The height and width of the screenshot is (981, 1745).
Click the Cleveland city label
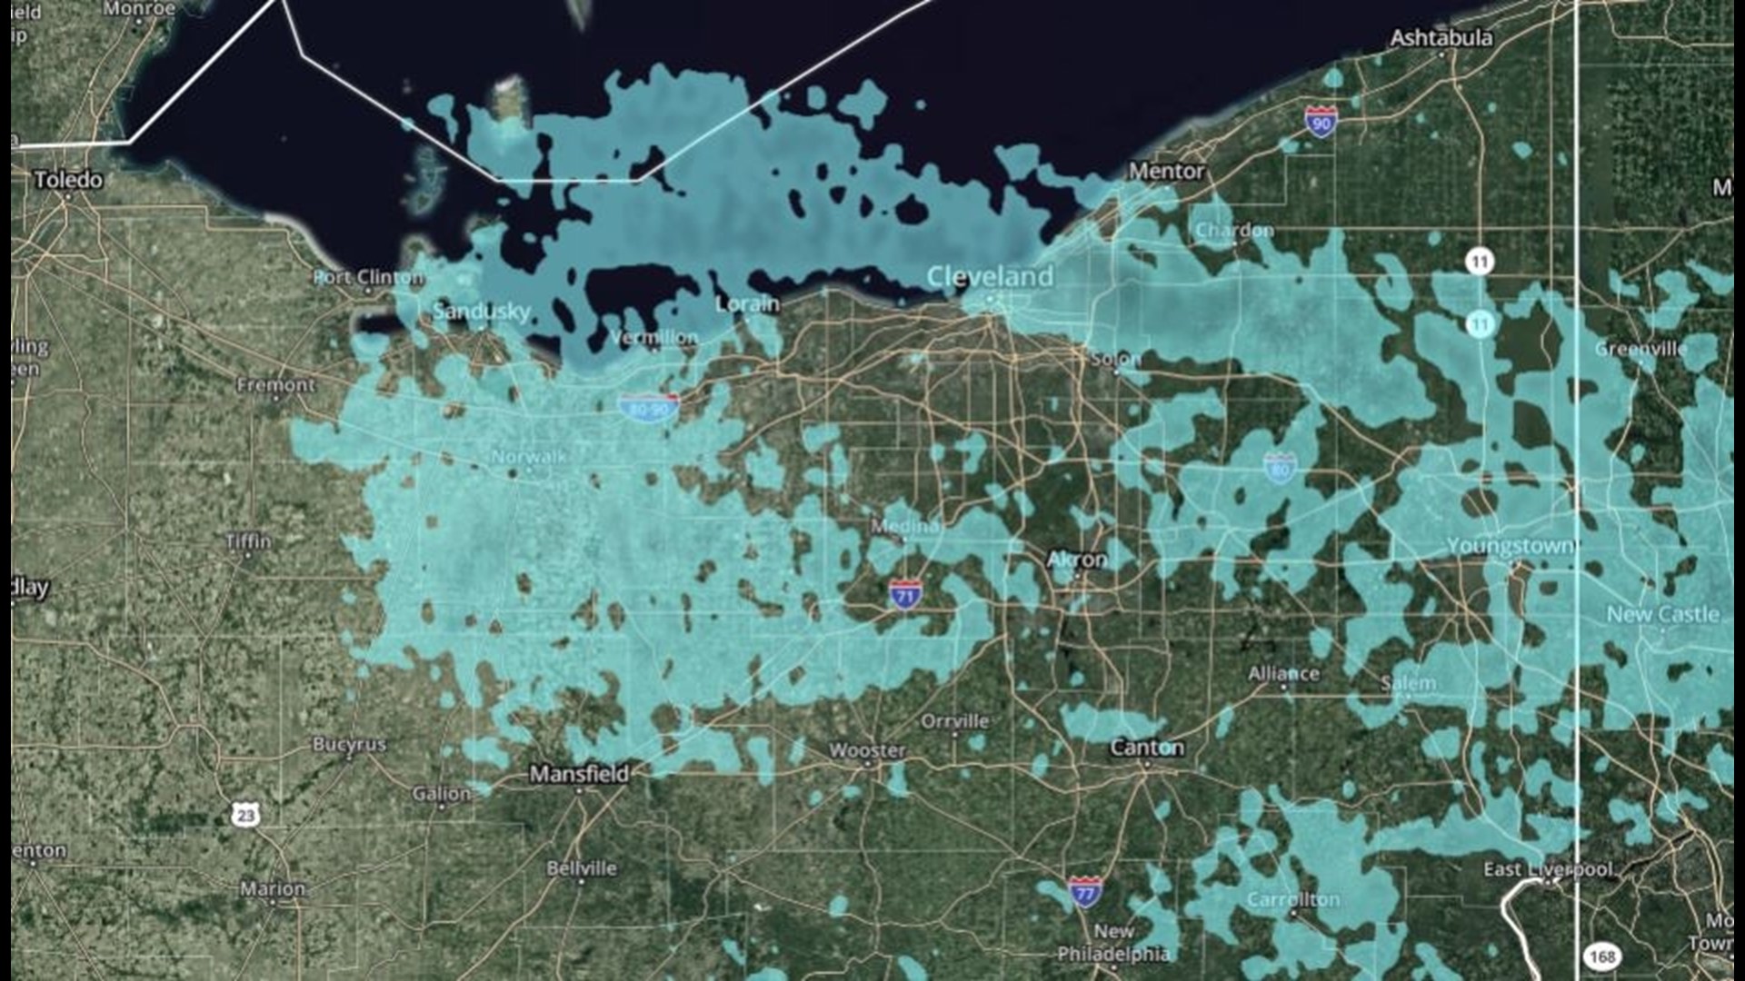pyautogui.click(x=990, y=276)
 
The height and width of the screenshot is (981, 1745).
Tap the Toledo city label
pyautogui.click(x=68, y=180)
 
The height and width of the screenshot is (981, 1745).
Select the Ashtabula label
pyautogui.click(x=1441, y=38)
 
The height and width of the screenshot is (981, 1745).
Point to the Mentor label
pyautogui.click(x=1166, y=171)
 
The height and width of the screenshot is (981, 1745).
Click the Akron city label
pyautogui.click(x=1077, y=560)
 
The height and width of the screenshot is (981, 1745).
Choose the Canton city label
pyautogui.click(x=1147, y=748)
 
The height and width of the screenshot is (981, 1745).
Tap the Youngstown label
pyautogui.click(x=1510, y=546)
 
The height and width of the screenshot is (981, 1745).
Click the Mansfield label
pyautogui.click(x=579, y=774)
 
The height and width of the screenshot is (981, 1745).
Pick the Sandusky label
pyautogui.click(x=482, y=312)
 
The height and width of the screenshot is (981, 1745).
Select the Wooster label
pyautogui.click(x=867, y=750)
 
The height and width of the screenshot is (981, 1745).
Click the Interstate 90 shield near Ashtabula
pyautogui.click(x=1321, y=122)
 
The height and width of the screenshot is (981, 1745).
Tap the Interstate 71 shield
pyautogui.click(x=904, y=595)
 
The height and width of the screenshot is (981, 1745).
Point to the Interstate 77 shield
pyautogui.click(x=1085, y=892)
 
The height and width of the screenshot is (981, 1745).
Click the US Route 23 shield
pyautogui.click(x=244, y=814)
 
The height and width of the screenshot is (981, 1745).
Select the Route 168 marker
pyautogui.click(x=1601, y=956)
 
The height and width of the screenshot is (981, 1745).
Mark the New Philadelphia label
pyautogui.click(x=1113, y=943)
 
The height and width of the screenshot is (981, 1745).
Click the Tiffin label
pyautogui.click(x=248, y=541)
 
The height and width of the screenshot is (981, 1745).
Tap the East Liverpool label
pyautogui.click(x=1548, y=869)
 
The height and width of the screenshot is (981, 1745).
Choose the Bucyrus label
pyautogui.click(x=349, y=744)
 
